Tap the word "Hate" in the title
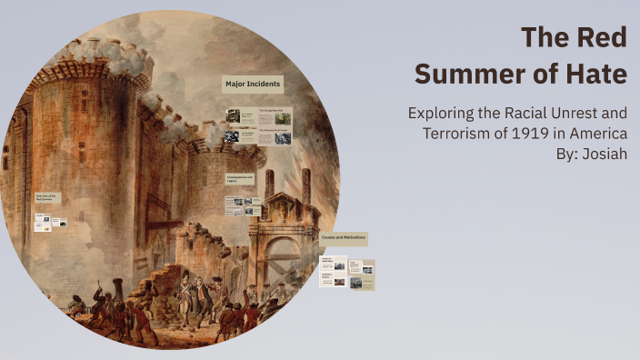[x=596, y=75]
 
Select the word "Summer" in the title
[x=465, y=75]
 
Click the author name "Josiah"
[x=604, y=154]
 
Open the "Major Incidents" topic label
[x=253, y=85]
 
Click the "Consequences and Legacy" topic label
[x=238, y=178]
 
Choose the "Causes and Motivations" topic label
[x=343, y=237]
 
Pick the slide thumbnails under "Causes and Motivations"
[x=346, y=274]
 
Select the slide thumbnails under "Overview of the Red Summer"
[x=50, y=222]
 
